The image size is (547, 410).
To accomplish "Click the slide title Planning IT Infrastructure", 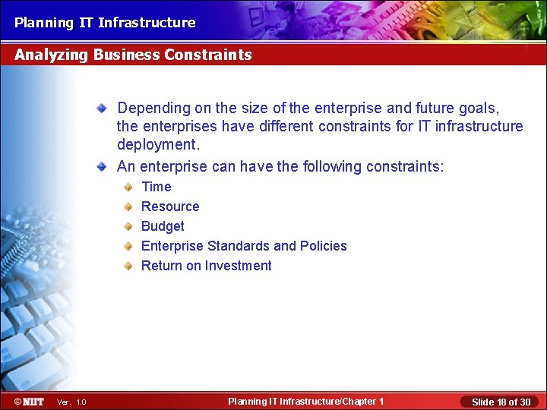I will point(105,23).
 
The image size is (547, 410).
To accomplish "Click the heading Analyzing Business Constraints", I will point(133,55).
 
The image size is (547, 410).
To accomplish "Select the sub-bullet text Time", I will point(157,187).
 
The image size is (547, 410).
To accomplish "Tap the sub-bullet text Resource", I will point(170,207).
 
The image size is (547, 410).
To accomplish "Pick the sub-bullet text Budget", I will point(163,226).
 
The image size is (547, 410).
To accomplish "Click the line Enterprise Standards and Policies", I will point(244,246).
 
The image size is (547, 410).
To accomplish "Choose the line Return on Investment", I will point(206,266).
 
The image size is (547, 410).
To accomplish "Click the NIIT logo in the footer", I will point(28,401).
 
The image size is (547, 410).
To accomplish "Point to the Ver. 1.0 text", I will point(71,402).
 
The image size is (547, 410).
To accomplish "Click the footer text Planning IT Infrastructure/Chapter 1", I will point(305,401).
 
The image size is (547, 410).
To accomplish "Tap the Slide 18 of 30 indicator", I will point(501,402).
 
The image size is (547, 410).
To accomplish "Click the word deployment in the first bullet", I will point(157,144).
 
